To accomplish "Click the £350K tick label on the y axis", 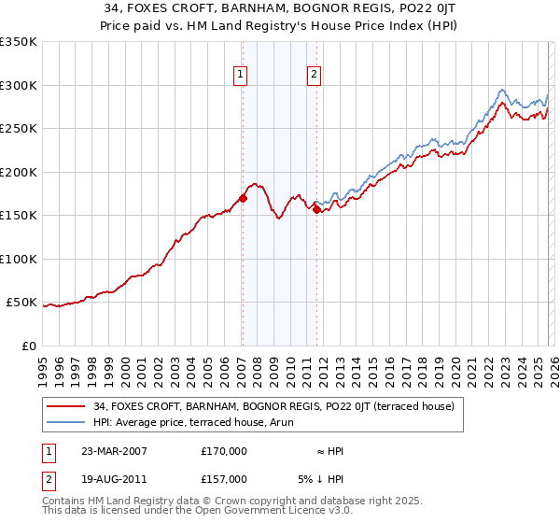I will [19, 42].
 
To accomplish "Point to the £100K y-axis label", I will [19, 259].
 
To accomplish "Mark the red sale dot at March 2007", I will [243, 198].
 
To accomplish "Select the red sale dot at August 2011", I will [316, 209].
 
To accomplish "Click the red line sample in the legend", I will [67, 406].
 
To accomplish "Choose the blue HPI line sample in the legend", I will [67, 422].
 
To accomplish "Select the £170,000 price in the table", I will [224, 451].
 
